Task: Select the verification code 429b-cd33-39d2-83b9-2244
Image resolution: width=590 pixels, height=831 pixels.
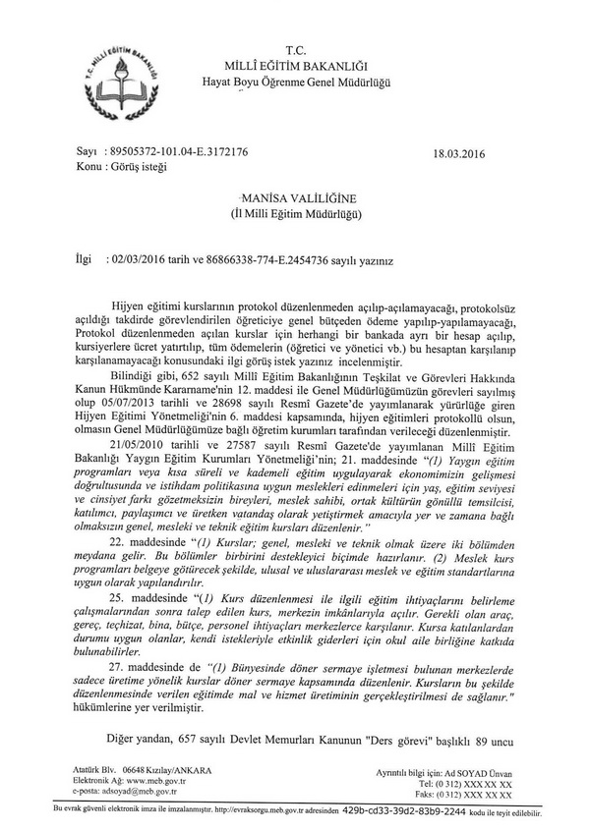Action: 451,813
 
